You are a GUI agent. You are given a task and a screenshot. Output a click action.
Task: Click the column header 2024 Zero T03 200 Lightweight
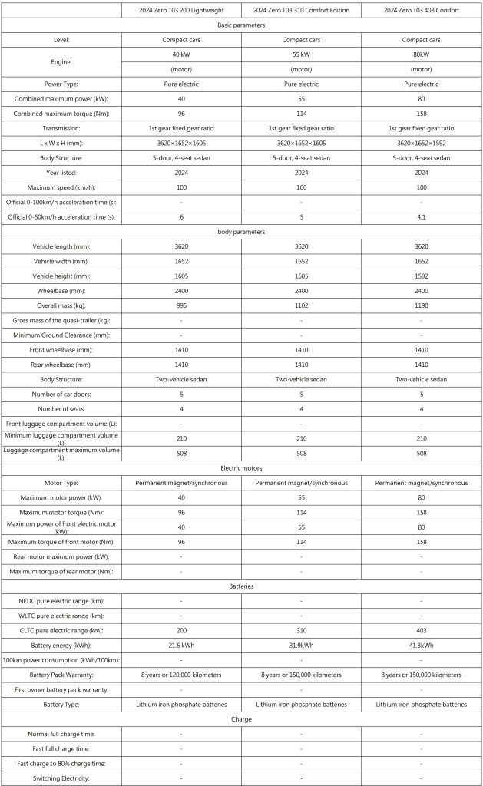181,10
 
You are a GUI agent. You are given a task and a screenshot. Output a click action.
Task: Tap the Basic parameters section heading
241,25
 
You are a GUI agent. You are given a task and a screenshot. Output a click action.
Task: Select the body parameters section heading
241,231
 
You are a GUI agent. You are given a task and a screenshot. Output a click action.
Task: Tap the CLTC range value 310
301,630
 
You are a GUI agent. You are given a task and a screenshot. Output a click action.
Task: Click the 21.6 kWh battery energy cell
181,645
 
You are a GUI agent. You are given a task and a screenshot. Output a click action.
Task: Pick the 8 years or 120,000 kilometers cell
181,674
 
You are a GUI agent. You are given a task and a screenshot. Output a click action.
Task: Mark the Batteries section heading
241,586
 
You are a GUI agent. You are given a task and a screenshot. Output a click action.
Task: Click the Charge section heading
241,719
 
